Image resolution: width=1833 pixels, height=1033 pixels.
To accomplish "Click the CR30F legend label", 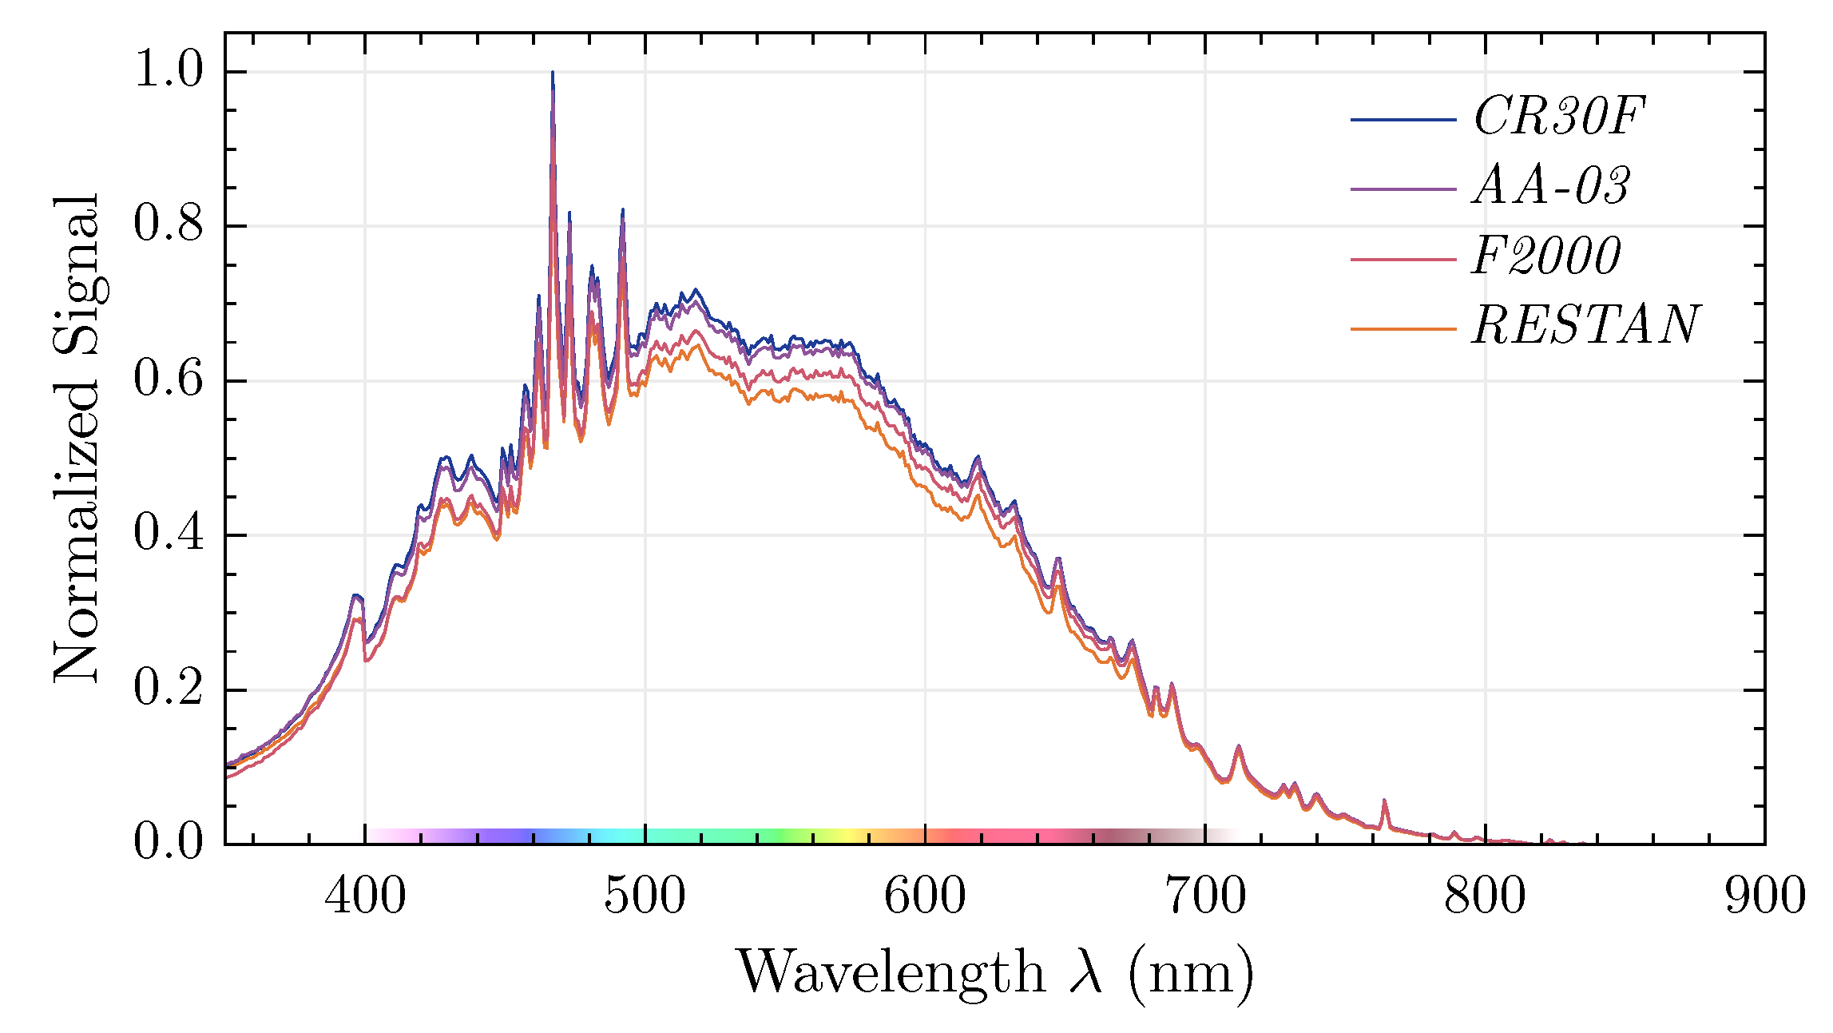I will (1558, 117).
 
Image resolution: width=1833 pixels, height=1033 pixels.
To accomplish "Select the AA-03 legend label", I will (1550, 186).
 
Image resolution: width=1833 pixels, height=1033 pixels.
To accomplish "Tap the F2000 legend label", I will (1546, 256).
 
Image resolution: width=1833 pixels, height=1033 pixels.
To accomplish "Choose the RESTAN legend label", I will (1585, 326).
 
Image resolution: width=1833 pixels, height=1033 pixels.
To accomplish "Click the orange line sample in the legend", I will (1403, 328).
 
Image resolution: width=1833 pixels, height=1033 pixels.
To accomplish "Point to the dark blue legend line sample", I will (1403, 120).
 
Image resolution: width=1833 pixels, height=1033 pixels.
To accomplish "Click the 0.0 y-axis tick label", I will (169, 841).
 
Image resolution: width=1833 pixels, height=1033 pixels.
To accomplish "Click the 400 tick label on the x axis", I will (365, 896).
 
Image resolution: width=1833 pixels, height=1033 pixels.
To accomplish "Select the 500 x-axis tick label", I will (645, 896).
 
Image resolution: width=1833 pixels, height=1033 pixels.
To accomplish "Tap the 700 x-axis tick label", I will (1205, 896).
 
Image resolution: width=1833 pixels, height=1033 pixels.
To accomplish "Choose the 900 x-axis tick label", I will (1764, 896).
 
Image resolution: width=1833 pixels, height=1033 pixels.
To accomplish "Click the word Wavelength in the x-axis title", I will (890, 973).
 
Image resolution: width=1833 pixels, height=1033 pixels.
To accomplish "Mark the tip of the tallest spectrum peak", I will (552, 73).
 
